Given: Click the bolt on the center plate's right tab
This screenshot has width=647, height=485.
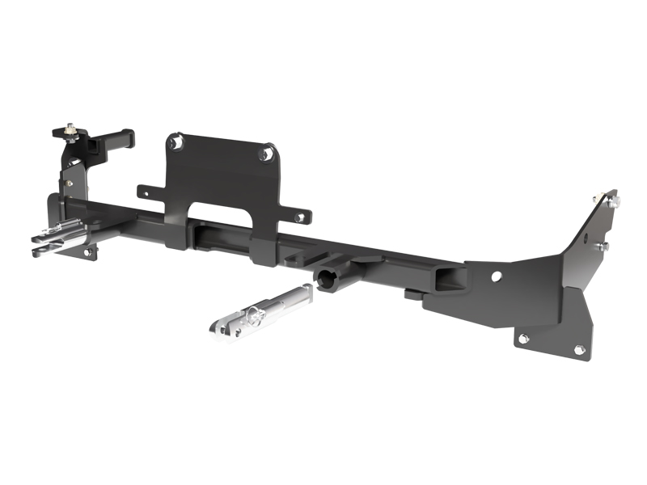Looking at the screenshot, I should point(300,217).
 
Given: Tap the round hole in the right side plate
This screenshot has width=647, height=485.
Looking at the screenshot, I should point(496,276).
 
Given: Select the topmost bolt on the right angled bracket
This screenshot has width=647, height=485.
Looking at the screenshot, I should point(597,200).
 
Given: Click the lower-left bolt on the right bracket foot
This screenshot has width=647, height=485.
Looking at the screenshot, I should point(523,339).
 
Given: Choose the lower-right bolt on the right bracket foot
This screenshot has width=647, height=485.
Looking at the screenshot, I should point(579,350).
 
